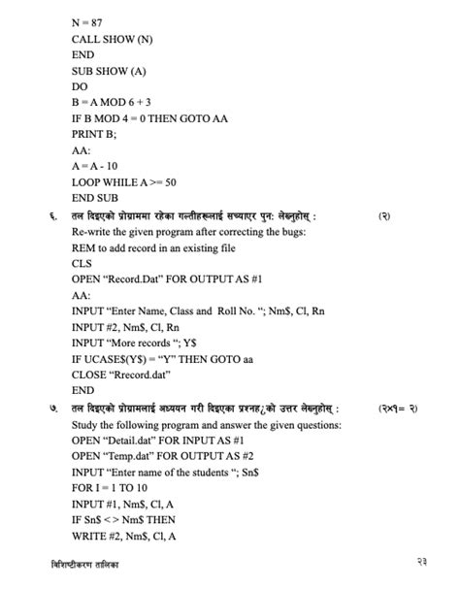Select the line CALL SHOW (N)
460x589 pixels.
click(x=111, y=39)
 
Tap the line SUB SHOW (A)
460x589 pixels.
click(x=108, y=70)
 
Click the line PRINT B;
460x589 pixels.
click(x=94, y=134)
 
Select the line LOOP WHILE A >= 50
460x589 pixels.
click(x=123, y=181)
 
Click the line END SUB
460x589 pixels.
click(x=97, y=197)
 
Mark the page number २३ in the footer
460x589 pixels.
click(x=418, y=564)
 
